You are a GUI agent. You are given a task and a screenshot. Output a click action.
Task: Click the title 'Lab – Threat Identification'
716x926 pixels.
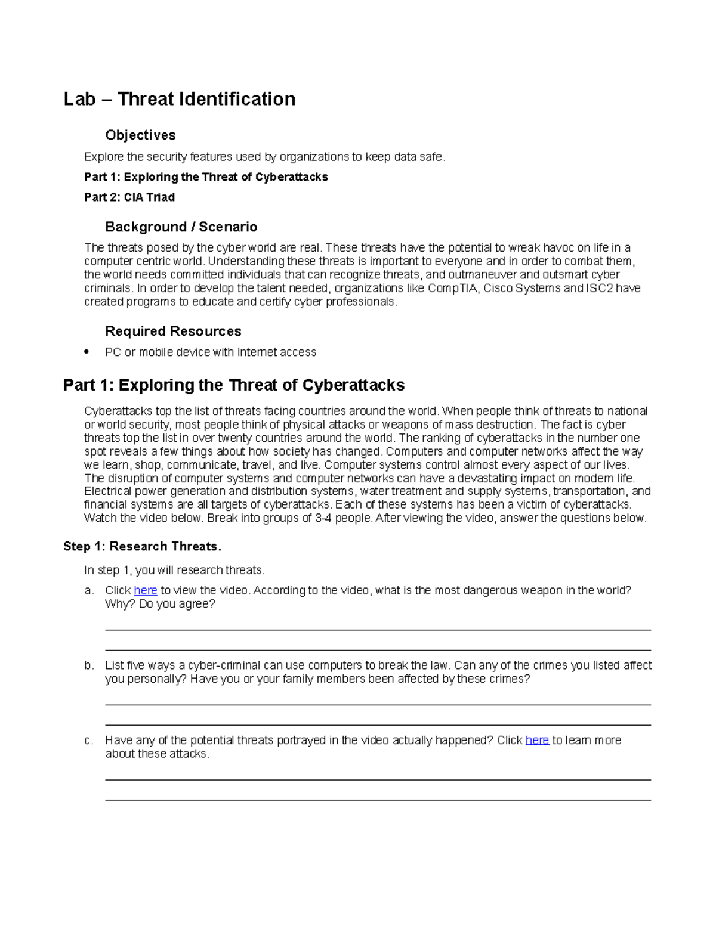(180, 99)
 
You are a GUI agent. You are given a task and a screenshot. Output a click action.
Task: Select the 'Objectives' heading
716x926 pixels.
(140, 135)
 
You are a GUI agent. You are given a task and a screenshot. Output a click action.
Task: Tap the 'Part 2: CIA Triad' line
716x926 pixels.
(129, 197)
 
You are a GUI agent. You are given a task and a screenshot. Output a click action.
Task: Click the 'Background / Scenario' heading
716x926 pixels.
(181, 227)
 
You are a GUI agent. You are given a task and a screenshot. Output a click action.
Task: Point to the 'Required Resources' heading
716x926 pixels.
(173, 332)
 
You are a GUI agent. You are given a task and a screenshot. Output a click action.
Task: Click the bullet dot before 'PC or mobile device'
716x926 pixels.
(87, 352)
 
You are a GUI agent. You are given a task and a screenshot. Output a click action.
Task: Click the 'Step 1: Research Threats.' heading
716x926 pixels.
(142, 547)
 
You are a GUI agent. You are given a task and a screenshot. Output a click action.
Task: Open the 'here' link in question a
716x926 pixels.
(146, 591)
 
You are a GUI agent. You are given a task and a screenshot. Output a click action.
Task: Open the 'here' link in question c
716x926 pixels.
(537, 741)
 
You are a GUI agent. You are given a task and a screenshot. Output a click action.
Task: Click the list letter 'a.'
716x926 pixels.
(89, 591)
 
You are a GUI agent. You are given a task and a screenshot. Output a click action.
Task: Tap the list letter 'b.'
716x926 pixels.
(89, 665)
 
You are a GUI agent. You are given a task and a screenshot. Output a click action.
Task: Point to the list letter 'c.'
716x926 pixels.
(89, 741)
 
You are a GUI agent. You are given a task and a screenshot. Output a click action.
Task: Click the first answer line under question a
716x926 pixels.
(378, 630)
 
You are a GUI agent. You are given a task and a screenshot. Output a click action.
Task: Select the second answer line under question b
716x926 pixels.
(378, 725)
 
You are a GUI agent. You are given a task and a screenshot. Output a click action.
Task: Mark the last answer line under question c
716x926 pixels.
(378, 800)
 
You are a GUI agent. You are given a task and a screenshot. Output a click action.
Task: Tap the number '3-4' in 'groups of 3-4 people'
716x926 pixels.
(323, 518)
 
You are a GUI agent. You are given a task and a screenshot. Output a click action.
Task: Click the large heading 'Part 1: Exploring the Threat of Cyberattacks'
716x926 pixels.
(234, 385)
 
